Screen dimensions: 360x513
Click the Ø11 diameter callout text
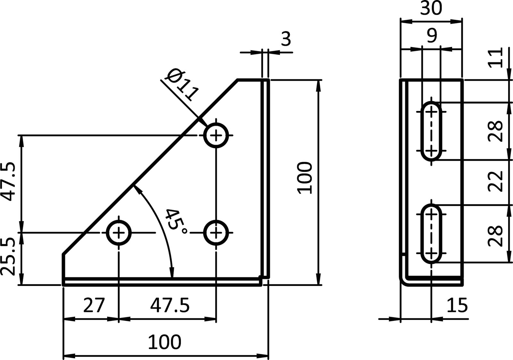coord(181,84)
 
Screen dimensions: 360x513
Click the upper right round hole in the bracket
coord(216,135)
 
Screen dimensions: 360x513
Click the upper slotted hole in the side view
coord(432,131)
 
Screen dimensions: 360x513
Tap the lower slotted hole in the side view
coord(432,233)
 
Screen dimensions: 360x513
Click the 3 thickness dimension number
coord(286,39)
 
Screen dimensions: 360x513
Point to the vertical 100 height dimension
coord(305,178)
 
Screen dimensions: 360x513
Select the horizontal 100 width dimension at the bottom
coord(164,342)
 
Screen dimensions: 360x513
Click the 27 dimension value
coord(94,306)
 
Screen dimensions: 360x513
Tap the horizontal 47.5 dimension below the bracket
coord(170,306)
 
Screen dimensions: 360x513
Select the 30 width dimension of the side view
coord(431,9)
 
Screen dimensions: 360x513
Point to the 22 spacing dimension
coord(495,182)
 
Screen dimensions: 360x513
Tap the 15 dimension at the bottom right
coord(457,306)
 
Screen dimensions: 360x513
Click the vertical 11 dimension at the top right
coord(495,58)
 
